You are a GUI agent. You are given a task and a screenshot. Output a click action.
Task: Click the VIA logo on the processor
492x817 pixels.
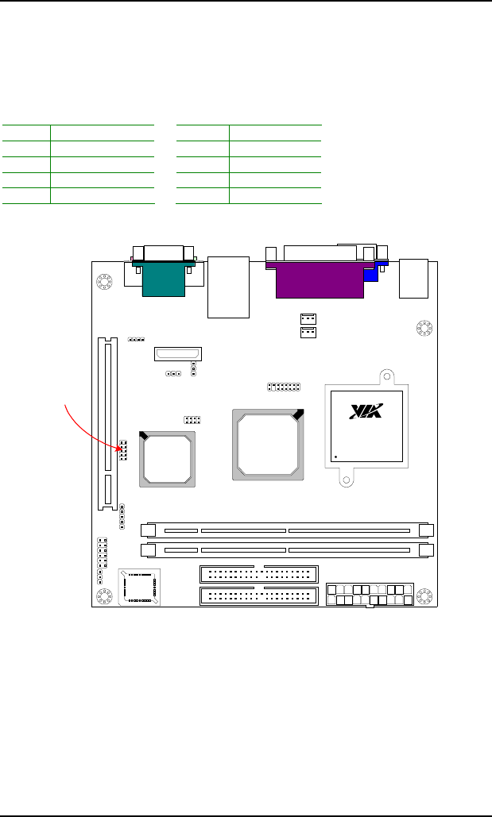[366, 411]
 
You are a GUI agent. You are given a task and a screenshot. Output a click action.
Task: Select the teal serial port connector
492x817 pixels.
[163, 279]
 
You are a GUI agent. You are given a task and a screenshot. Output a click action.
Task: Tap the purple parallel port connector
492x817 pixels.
[320, 279]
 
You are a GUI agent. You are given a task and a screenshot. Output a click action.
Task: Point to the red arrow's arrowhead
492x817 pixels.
[117, 447]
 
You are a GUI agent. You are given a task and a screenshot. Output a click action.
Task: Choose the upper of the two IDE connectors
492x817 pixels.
[259, 574]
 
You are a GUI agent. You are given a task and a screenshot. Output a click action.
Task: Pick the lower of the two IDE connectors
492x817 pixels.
[259, 596]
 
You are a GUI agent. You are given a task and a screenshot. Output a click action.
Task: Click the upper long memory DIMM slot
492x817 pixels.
[288, 530]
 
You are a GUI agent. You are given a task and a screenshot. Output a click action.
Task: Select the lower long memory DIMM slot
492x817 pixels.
[288, 549]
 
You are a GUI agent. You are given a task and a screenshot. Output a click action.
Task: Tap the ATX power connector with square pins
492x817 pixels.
[370, 595]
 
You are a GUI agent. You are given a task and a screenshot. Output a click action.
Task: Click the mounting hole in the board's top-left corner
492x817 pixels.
[104, 282]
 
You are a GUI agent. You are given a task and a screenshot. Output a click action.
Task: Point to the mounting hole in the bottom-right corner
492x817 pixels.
[424, 596]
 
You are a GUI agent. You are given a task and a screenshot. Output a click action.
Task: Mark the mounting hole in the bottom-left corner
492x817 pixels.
[104, 596]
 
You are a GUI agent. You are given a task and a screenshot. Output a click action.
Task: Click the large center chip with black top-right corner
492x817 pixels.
[268, 445]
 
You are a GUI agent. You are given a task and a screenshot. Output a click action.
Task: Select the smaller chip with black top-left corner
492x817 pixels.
[167, 459]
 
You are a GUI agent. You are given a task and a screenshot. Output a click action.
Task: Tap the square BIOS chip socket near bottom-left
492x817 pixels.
[139, 588]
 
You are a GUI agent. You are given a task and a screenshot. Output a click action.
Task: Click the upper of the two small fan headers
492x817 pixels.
[308, 318]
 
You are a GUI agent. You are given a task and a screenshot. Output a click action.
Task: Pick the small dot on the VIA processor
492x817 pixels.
[336, 457]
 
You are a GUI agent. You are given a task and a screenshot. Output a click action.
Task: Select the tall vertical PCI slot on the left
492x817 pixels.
[108, 424]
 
